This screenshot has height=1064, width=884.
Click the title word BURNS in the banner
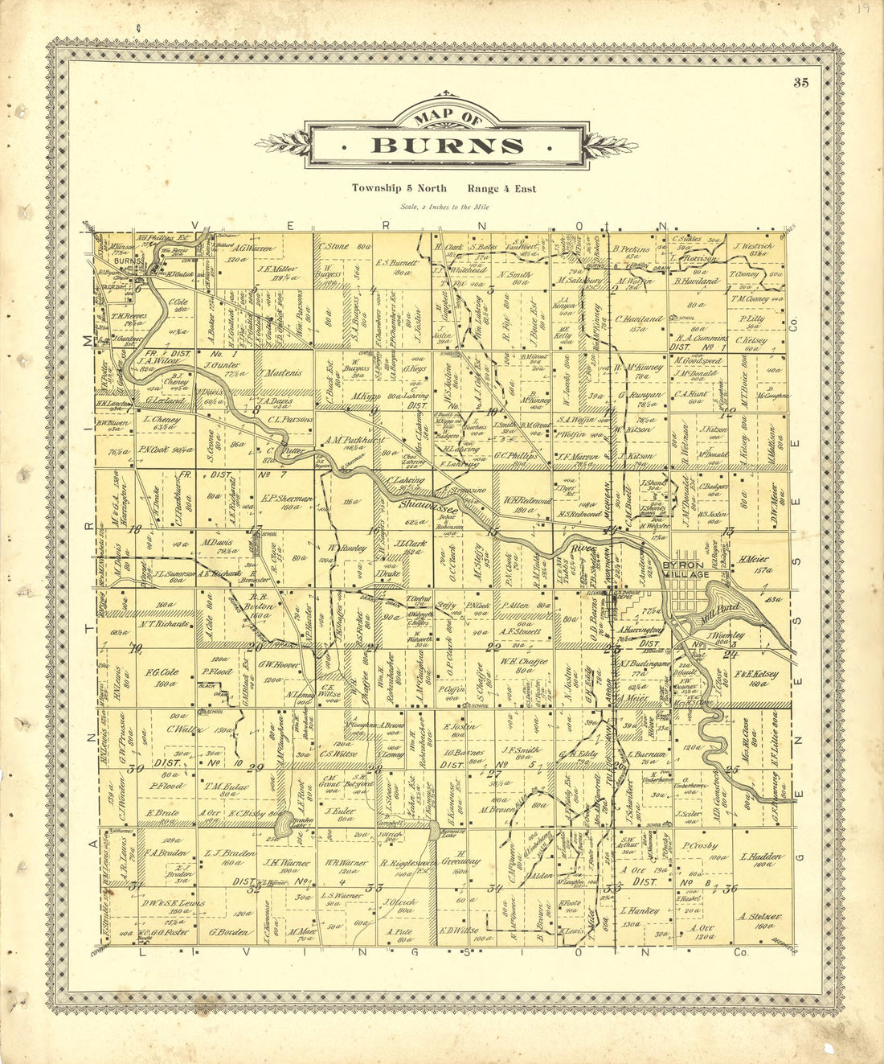pyautogui.click(x=447, y=146)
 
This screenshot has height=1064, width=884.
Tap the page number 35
pyautogui.click(x=800, y=82)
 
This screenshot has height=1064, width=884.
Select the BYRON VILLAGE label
pyautogui.click(x=686, y=569)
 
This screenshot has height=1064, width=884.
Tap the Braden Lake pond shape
pyautogui.click(x=284, y=823)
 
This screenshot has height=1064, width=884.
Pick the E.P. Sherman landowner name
pyautogui.click(x=287, y=499)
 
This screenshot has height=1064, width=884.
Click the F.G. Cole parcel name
pyautogui.click(x=162, y=672)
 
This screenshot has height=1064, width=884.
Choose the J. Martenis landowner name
pyautogui.click(x=280, y=372)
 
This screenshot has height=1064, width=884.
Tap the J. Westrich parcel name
pyautogui.click(x=753, y=246)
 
